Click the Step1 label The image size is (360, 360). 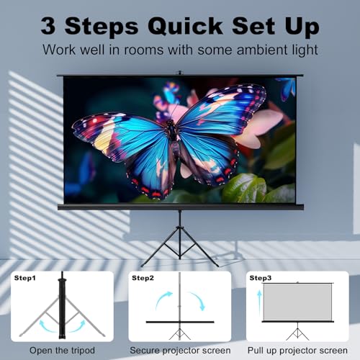coord(26,277)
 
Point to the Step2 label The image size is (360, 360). coord(141,277)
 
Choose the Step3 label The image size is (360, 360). coord(260,277)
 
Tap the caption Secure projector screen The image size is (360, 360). coord(180,351)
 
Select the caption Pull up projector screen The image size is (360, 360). coord(297,351)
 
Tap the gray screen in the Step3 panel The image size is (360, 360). coord(297,301)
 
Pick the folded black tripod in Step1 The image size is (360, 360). coord(62,302)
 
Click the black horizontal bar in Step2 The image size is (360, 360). coord(179,322)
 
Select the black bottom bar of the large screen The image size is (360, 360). coord(180,207)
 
